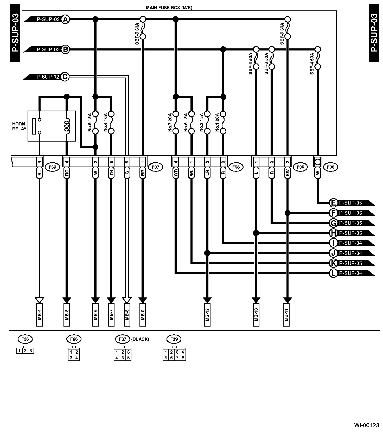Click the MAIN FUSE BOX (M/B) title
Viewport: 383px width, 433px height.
(169, 8)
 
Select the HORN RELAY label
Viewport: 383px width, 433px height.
(19, 126)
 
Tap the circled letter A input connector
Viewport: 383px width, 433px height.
(66, 19)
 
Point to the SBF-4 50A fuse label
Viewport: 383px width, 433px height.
(312, 64)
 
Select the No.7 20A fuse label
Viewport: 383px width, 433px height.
(170, 122)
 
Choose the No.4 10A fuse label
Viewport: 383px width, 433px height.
(106, 122)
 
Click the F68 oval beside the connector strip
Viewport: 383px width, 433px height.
(236, 167)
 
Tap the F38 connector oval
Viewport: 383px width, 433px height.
(330, 167)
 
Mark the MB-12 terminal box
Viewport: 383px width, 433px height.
(207, 315)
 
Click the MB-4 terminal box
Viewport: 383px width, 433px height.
(39, 315)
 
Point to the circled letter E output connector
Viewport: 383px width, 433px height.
(333, 203)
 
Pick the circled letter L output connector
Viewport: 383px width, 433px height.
(333, 273)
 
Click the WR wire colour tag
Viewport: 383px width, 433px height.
(176, 174)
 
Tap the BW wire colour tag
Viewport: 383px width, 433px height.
(287, 174)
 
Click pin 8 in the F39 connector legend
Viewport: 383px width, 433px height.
(183, 358)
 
